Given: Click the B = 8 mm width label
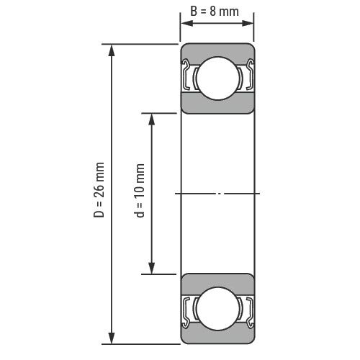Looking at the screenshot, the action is pos(215,12).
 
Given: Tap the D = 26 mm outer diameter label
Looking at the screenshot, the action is pos(99,190).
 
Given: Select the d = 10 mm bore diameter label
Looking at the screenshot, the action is pos(139,191).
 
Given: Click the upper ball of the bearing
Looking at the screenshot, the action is pos(217,78).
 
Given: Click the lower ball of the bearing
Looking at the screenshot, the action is pos(217,309).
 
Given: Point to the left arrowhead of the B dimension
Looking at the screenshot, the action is pos(186,23).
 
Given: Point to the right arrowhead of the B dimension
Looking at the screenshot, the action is pos(248,23).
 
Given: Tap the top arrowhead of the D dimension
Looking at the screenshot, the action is pos(112,50).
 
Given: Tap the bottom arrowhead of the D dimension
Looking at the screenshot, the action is pos(112,338).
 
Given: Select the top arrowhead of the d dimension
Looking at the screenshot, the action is pos(151,120).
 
